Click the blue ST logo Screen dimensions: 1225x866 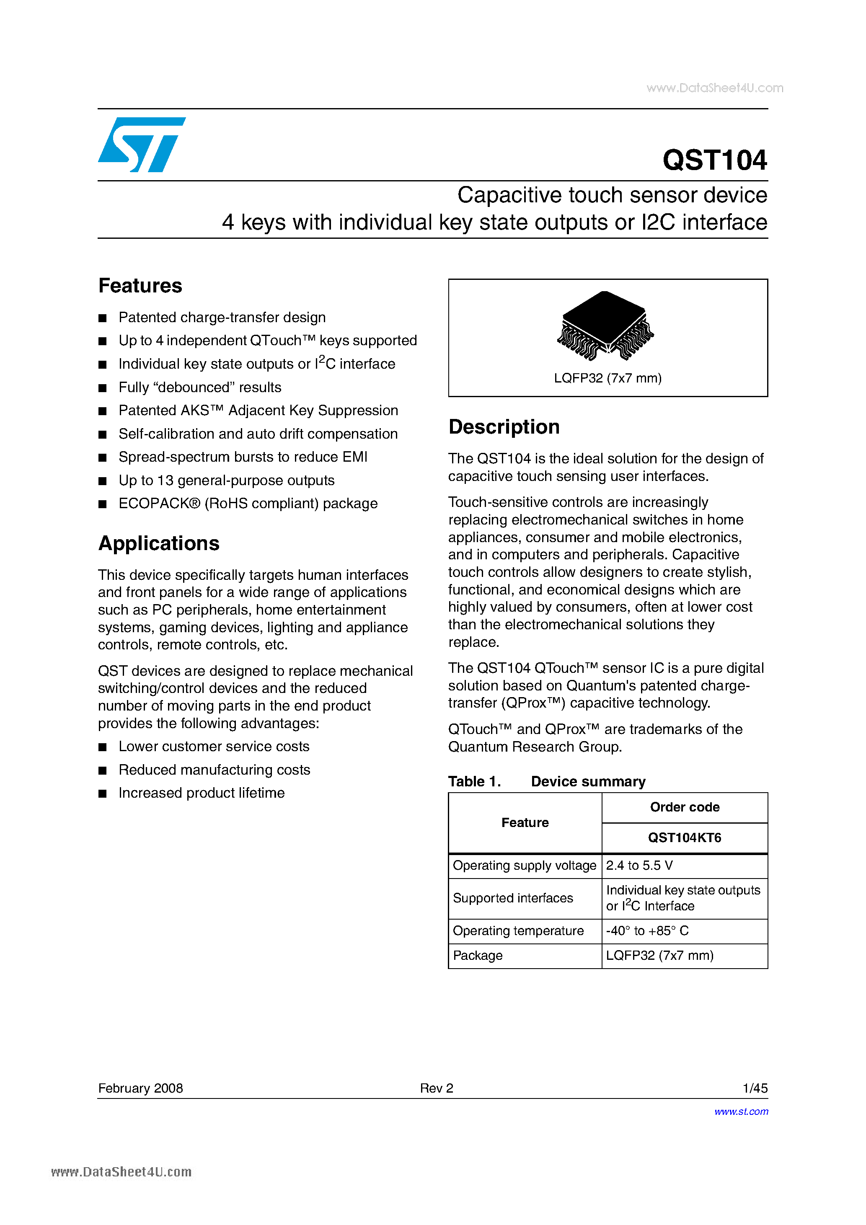coord(141,145)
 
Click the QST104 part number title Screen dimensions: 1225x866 coord(714,160)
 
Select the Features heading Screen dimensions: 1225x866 coord(140,286)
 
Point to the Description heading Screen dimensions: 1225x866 coord(504,427)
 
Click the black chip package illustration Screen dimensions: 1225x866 coord(605,326)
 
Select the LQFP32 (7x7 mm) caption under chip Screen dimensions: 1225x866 coord(607,378)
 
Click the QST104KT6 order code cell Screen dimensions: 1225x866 coord(684,837)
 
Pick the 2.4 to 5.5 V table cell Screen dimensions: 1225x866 coord(639,866)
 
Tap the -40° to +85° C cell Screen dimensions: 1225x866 coord(647,931)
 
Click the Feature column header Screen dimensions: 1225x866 coord(525,823)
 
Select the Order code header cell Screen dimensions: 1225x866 coord(684,807)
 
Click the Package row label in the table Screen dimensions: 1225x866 coord(478,956)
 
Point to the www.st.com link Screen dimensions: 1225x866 coord(741,1111)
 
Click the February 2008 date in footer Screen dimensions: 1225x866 coord(140,1088)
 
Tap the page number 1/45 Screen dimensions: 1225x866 coord(755,1088)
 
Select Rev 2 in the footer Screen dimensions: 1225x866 coord(436,1088)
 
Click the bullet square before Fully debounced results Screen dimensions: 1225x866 coord(103,388)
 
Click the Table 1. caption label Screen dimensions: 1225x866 coord(474,782)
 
